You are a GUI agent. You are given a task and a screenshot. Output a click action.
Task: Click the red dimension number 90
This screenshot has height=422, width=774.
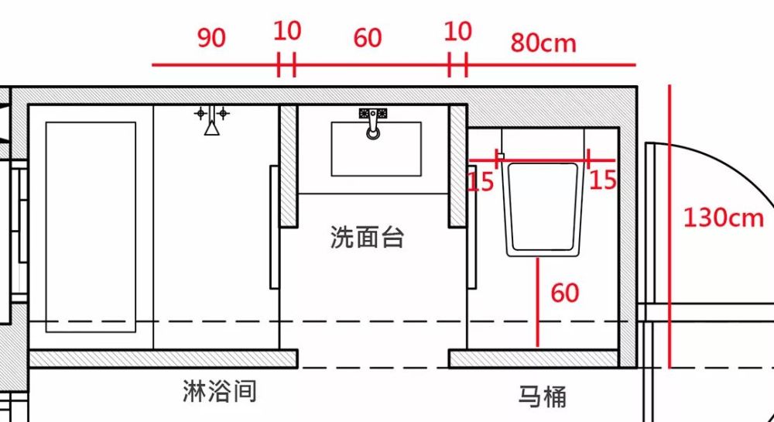point(211,38)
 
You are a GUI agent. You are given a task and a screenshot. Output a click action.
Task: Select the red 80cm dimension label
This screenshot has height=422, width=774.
point(543,43)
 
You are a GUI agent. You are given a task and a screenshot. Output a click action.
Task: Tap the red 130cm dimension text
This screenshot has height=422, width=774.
point(723,218)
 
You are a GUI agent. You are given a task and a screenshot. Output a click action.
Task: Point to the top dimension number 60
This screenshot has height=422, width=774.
point(368,37)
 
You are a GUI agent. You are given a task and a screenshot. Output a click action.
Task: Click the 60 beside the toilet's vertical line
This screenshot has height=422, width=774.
point(565,293)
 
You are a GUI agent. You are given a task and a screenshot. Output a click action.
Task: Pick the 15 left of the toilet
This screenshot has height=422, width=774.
point(481,182)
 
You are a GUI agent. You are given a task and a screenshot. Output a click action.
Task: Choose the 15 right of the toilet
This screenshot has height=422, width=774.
point(603,180)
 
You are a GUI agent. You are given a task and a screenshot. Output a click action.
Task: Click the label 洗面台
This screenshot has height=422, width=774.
point(367,238)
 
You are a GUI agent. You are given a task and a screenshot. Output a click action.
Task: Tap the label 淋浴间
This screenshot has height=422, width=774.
point(219,391)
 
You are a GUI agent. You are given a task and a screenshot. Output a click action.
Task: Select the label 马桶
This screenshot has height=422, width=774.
point(542,396)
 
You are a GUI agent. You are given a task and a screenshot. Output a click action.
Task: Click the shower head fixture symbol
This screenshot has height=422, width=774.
point(211,121)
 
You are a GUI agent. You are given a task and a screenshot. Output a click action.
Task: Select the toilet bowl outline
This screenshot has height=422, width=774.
point(543,208)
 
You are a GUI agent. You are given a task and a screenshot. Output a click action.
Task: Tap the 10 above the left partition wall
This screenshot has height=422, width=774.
point(287,32)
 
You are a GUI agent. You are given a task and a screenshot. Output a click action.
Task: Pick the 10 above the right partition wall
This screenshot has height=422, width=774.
point(458,32)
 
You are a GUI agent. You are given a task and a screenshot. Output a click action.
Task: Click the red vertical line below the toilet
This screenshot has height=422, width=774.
point(537,302)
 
